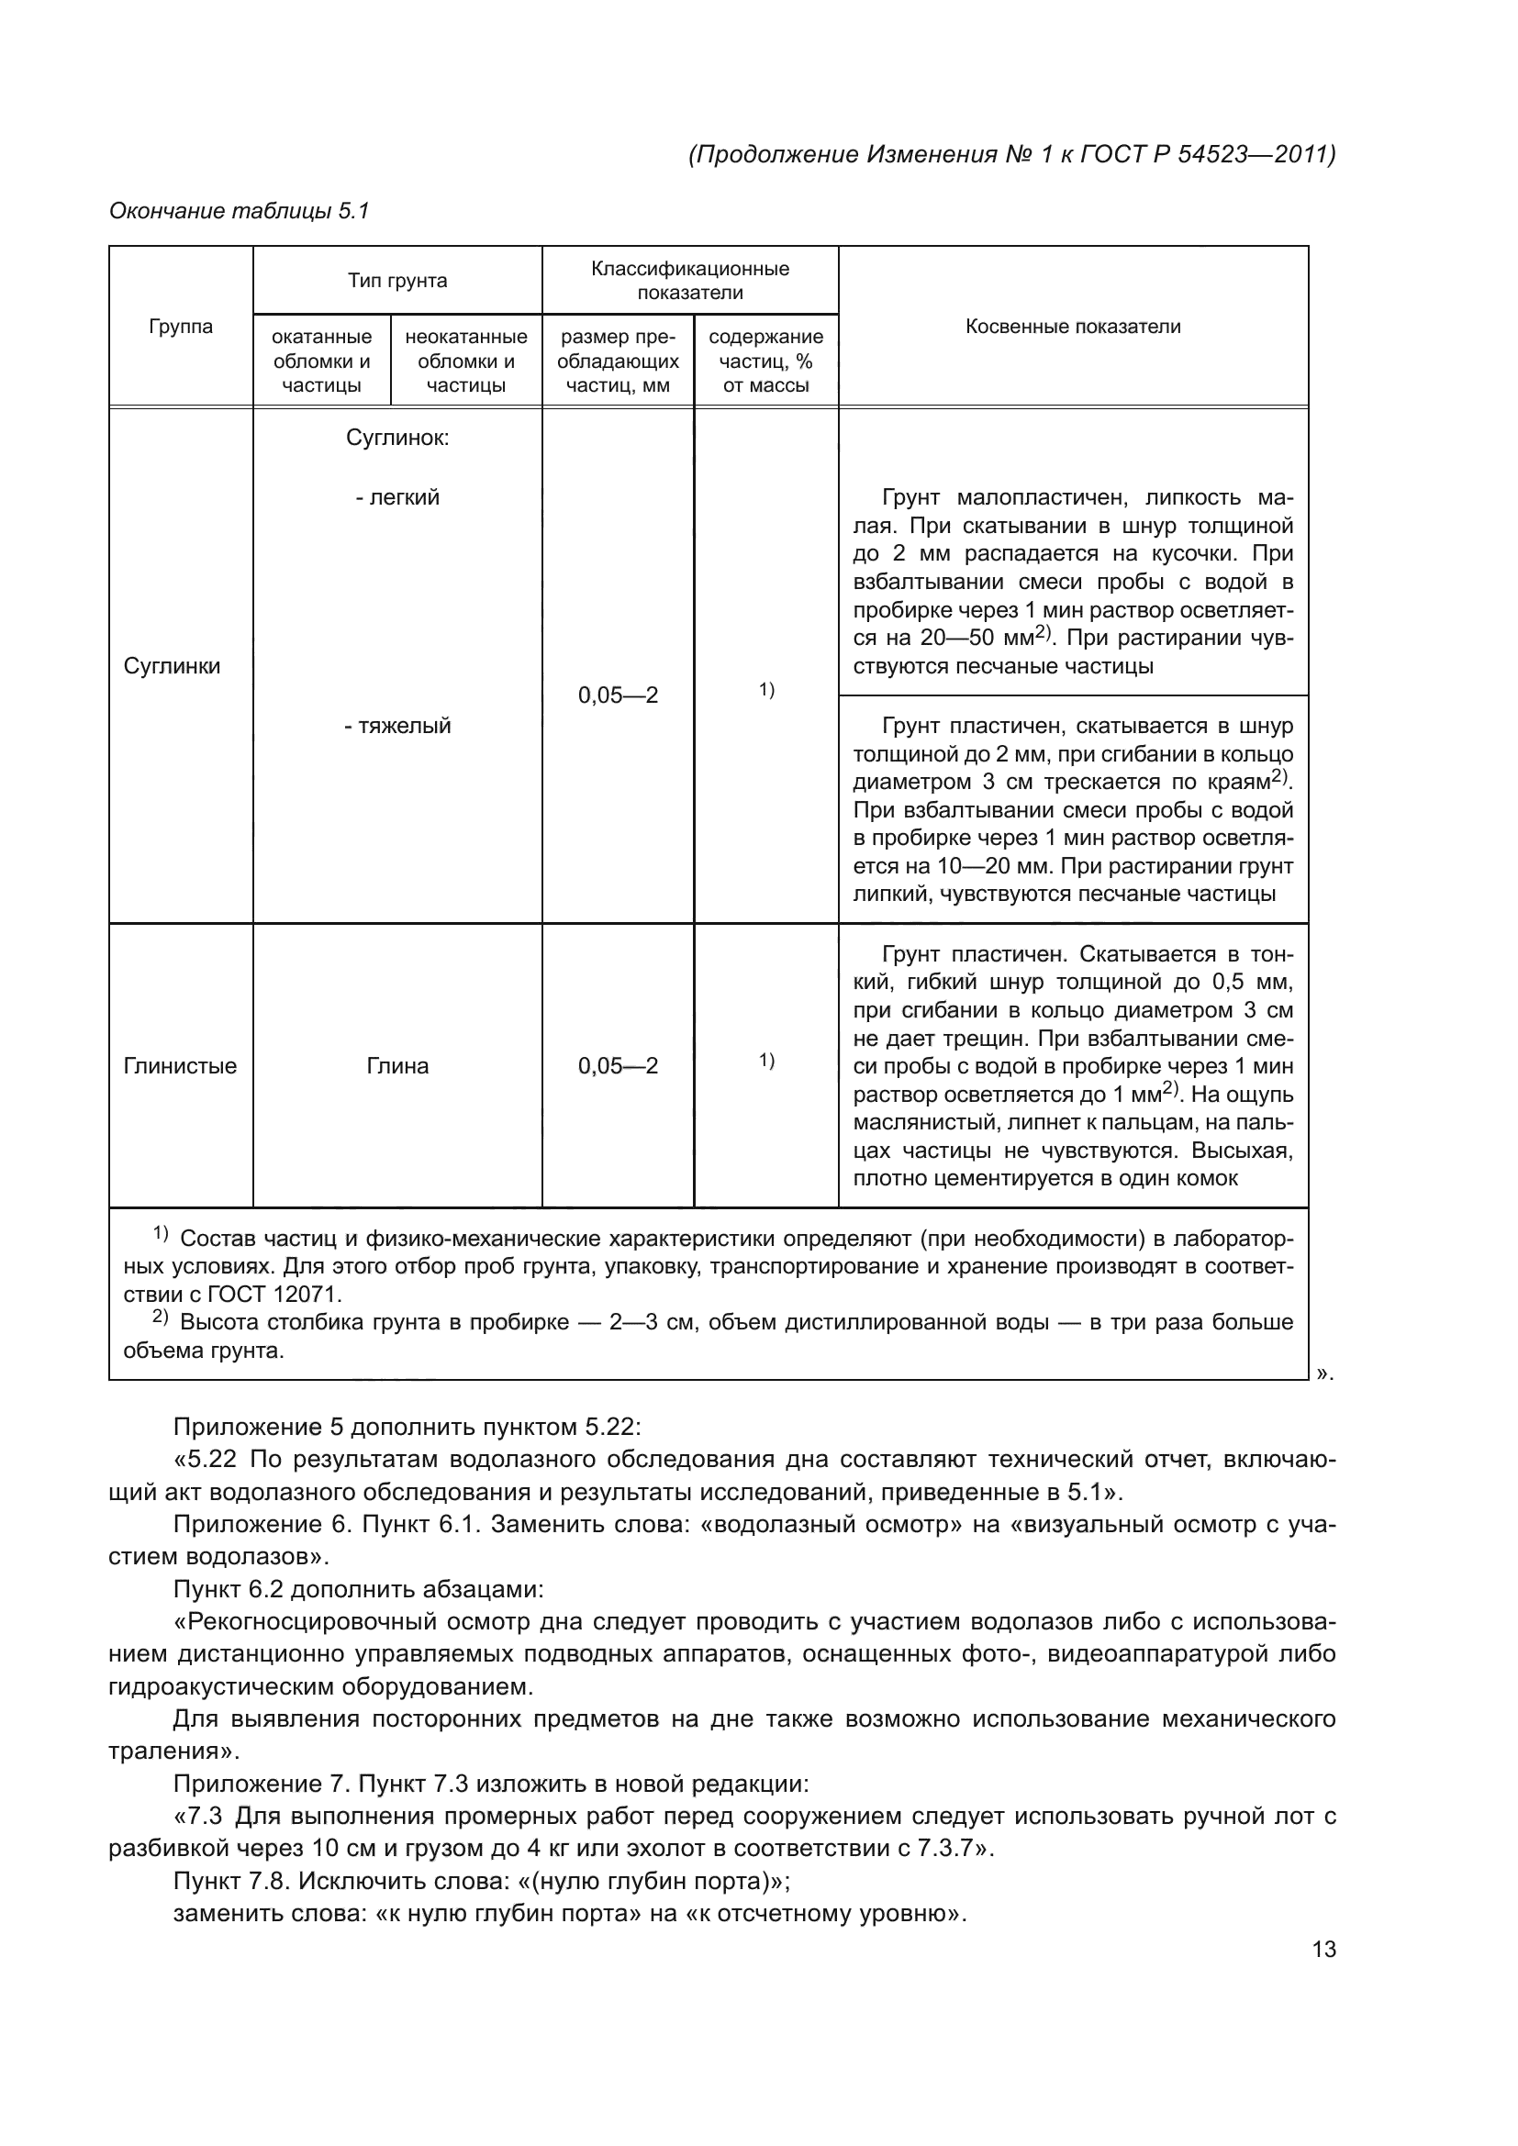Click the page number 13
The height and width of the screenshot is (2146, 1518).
[1323, 1949]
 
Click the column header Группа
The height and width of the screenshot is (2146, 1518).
[181, 327]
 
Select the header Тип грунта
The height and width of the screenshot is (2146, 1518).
[397, 281]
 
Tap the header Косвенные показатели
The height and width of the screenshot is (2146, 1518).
[1072, 327]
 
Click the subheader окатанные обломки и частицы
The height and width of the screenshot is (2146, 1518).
[321, 361]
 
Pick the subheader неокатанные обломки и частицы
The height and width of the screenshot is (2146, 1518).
[465, 361]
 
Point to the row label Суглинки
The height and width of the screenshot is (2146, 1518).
[172, 666]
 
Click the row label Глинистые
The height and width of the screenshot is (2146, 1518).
[180, 1065]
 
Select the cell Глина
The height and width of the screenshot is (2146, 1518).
[397, 1065]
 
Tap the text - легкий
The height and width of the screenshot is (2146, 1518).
[397, 497]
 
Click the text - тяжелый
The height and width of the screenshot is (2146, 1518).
[397, 726]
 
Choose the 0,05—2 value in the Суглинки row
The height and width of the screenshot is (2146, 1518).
[617, 695]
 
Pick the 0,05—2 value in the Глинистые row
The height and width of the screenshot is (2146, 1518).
[617, 1065]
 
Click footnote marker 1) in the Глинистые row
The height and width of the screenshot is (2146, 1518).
[765, 1060]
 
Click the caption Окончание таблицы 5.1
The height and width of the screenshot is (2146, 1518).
[240, 211]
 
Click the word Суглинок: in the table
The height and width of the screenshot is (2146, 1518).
[397, 439]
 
